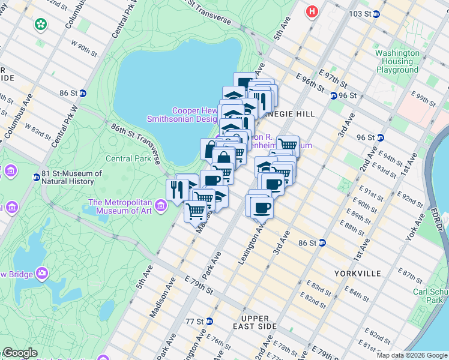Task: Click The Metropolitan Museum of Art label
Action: click(120, 206)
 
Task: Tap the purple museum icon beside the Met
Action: click(160, 206)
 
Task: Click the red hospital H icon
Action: click(312, 11)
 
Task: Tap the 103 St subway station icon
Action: click(376, 14)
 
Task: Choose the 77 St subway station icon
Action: click(208, 321)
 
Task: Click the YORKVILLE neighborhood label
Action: click(358, 273)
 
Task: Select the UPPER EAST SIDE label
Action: click(259, 322)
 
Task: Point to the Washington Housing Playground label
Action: click(397, 61)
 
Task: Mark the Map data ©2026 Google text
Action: click(412, 355)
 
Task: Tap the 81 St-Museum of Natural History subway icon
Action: click(37, 177)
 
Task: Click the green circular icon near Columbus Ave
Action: click(41, 25)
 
